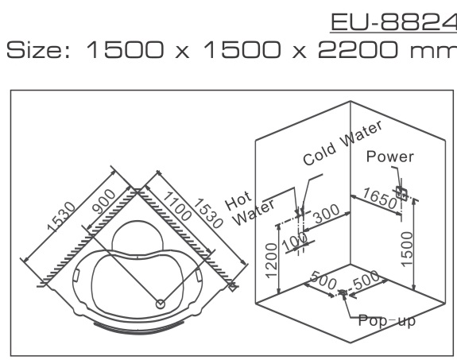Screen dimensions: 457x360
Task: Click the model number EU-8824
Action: pos(393,22)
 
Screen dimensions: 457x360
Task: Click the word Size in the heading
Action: pos(38,50)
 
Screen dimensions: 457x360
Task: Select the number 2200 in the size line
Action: pos(358,49)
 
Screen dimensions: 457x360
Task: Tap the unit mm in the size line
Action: pos(433,52)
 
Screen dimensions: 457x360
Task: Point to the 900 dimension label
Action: pos(103,201)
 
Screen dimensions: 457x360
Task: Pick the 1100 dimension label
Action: pos(177,206)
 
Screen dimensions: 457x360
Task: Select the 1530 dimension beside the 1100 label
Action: pos(208,213)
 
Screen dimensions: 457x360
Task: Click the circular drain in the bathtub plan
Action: pos(161,304)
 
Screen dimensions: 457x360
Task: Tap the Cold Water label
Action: pos(343,143)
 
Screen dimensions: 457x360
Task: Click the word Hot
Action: pos(238,200)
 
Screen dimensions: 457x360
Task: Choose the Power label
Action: pos(389,157)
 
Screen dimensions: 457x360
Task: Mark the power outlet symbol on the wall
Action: pos(401,194)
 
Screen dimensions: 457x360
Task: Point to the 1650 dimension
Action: pos(379,199)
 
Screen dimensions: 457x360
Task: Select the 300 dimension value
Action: pos(327,214)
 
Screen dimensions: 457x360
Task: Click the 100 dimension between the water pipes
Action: pos(295,242)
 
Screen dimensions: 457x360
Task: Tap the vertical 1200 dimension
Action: pos(271,261)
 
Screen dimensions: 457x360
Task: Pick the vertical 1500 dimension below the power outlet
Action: pos(407,250)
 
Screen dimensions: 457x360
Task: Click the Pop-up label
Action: pos(386,320)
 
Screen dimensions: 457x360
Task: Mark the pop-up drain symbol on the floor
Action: pos(343,292)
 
